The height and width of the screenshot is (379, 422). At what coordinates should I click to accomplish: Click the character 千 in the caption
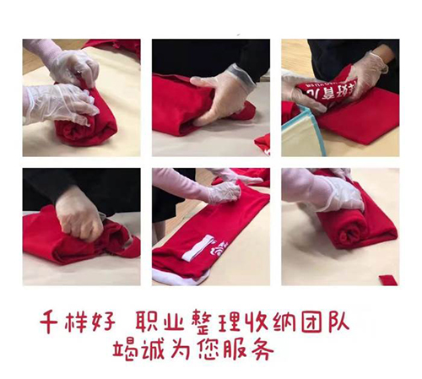pos(51,322)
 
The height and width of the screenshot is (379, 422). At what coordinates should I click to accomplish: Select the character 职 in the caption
pos(148,321)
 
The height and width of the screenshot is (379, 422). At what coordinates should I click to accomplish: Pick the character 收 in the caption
pos(257,322)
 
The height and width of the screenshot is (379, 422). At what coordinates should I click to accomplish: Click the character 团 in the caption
pos(312,321)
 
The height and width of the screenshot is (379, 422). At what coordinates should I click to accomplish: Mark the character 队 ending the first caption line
pos(338,321)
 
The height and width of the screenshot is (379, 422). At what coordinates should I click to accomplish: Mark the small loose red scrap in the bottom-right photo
pos(388,280)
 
